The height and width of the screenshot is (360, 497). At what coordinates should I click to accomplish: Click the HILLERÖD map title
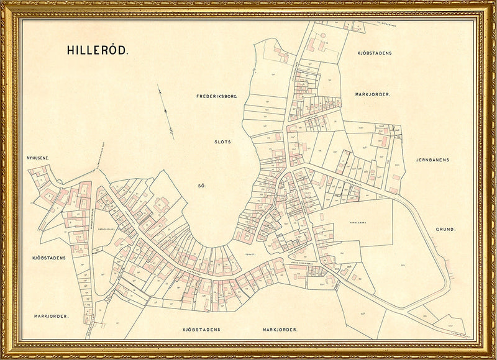click(x=98, y=51)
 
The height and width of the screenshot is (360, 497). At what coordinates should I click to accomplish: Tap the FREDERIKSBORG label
click(x=217, y=96)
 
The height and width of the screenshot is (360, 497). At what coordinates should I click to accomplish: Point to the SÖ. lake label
click(x=201, y=186)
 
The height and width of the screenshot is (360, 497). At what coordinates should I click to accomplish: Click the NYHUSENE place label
click(x=38, y=158)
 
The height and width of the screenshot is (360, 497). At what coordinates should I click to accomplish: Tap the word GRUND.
click(x=445, y=229)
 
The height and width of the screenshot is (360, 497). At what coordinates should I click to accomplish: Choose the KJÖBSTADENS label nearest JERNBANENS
click(x=375, y=53)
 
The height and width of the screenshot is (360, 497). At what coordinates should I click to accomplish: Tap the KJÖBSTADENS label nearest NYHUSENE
click(x=49, y=256)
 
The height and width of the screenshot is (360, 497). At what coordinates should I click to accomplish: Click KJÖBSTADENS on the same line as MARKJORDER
click(x=202, y=329)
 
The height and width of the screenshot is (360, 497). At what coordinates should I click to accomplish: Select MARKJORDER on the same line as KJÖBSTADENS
click(x=280, y=329)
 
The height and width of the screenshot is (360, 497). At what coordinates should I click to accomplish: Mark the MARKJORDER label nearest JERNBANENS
click(x=372, y=94)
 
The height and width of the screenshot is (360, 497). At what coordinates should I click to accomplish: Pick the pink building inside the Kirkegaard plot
click(x=321, y=217)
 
